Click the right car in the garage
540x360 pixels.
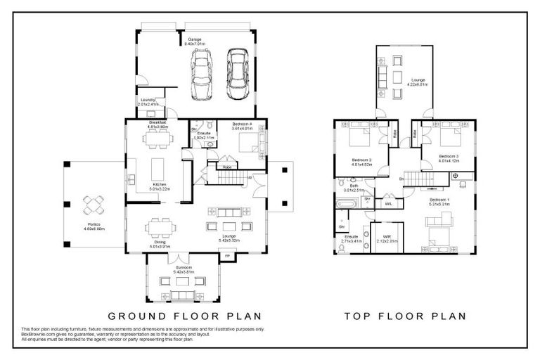click(x=238, y=67)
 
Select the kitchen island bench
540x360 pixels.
click(x=159, y=168)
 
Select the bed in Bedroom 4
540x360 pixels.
click(x=250, y=143)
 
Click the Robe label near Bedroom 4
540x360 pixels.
click(x=227, y=167)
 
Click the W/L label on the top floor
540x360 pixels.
click(x=387, y=203)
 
